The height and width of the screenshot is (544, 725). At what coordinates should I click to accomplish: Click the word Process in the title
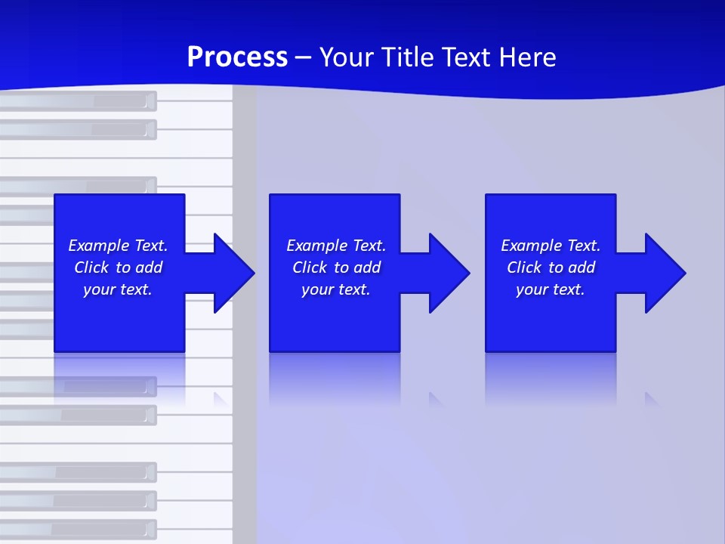click(237, 57)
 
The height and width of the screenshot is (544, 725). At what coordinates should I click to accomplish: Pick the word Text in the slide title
click(465, 57)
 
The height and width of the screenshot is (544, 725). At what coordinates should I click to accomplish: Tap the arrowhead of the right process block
click(664, 273)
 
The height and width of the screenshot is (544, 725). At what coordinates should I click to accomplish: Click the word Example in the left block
click(98, 246)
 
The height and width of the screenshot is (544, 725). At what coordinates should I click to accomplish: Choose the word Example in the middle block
click(316, 246)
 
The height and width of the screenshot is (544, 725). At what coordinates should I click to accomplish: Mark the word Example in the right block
click(531, 246)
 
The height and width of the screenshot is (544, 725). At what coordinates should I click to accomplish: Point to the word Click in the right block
click(523, 267)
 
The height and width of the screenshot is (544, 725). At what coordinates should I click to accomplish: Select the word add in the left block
click(150, 267)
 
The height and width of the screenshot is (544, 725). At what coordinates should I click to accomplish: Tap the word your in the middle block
click(317, 289)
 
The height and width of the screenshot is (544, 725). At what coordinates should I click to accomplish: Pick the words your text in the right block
click(550, 289)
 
